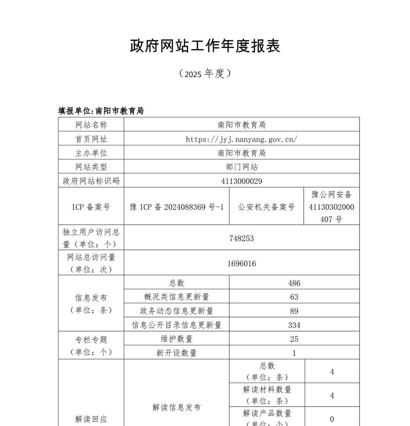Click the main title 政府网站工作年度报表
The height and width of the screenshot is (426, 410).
click(x=205, y=46)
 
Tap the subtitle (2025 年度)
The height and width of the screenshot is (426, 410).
click(x=205, y=73)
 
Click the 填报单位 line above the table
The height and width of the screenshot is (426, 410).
click(x=101, y=111)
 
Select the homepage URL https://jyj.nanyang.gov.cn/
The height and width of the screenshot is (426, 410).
click(x=241, y=139)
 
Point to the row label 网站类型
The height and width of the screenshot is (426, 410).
click(x=91, y=167)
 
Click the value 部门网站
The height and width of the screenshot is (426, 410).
click(x=241, y=167)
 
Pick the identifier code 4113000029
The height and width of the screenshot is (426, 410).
click(x=241, y=181)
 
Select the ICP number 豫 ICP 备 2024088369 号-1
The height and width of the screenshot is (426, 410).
click(x=177, y=207)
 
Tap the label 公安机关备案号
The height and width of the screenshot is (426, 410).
click(x=266, y=207)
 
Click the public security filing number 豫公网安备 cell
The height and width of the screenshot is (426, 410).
click(x=331, y=207)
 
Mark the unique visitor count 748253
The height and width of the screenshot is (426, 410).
click(x=241, y=238)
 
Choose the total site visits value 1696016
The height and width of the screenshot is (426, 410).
click(x=241, y=263)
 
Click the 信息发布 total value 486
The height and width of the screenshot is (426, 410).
click(x=294, y=283)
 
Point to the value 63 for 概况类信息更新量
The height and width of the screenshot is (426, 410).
click(x=294, y=297)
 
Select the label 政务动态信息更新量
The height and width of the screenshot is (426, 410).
click(x=177, y=311)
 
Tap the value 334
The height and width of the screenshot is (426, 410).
click(x=294, y=325)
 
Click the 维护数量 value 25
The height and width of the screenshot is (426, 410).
click(x=294, y=339)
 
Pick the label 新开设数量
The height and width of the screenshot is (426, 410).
click(x=177, y=353)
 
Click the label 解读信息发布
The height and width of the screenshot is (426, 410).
click(x=177, y=407)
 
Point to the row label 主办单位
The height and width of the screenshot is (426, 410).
click(x=91, y=153)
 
